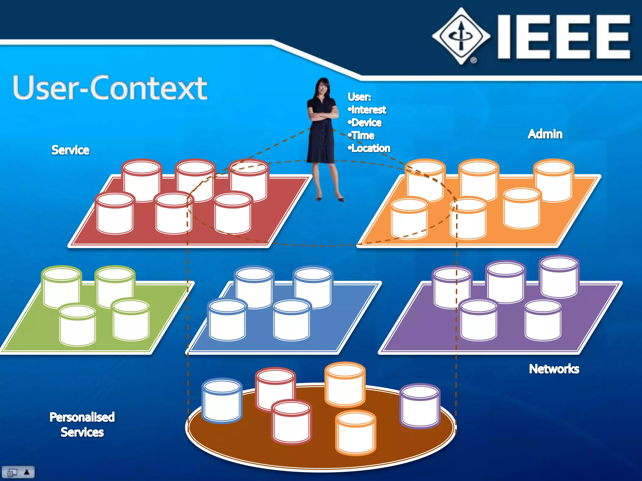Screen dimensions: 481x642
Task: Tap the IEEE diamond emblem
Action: pyautogui.click(x=461, y=36)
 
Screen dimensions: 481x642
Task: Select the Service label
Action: pyautogui.click(x=70, y=150)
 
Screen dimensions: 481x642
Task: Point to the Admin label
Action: pyautogui.click(x=545, y=134)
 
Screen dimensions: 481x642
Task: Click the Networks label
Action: pyautogui.click(x=554, y=369)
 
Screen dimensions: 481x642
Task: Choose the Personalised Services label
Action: pyautogui.click(x=82, y=425)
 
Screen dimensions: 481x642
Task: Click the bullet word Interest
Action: pyautogui.click(x=369, y=110)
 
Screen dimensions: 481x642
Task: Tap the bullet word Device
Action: pyautogui.click(x=366, y=123)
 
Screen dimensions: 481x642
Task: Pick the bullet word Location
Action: pyautogui.click(x=371, y=148)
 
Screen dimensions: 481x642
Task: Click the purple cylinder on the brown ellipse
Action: pyautogui.click(x=420, y=406)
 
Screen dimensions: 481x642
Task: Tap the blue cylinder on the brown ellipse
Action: pyautogui.click(x=222, y=401)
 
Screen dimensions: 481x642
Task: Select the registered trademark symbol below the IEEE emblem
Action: pyautogui.click(x=473, y=60)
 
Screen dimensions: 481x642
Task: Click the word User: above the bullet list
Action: pyautogui.click(x=359, y=97)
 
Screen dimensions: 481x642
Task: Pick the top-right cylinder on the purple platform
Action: pyautogui.click(x=559, y=277)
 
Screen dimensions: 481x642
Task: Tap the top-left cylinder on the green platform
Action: pyautogui.click(x=62, y=287)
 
